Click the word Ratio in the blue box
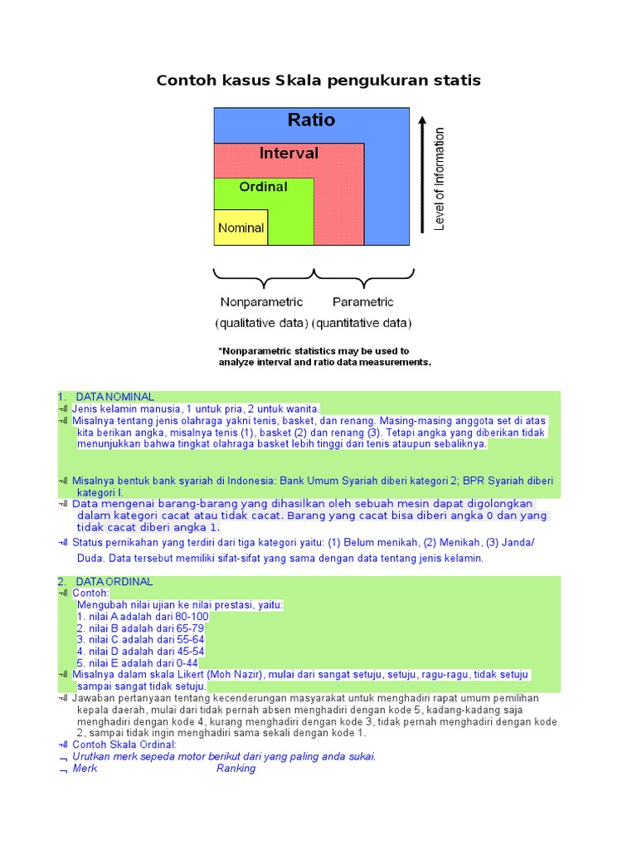click(x=311, y=120)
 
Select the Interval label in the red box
click(x=289, y=154)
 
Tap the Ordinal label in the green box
click(x=263, y=187)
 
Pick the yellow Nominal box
click(x=241, y=227)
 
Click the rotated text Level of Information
click(x=440, y=178)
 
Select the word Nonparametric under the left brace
click(x=261, y=302)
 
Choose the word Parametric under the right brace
click(x=362, y=302)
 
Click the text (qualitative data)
click(x=261, y=323)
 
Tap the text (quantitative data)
click(x=362, y=323)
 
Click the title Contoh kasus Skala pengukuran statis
click(x=318, y=81)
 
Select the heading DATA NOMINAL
click(x=114, y=397)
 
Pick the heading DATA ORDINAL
click(x=114, y=582)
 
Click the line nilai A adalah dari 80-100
click(x=143, y=617)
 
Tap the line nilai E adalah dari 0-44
click(x=138, y=663)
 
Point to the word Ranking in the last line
click(x=236, y=769)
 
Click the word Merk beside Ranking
click(x=85, y=769)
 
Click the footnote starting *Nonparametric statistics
click(x=323, y=356)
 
